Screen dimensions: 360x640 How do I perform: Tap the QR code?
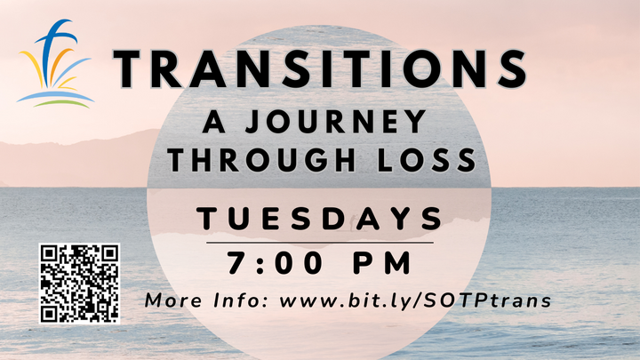80,282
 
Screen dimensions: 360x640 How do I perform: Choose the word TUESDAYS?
320,217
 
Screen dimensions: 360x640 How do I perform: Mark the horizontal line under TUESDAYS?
320,241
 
